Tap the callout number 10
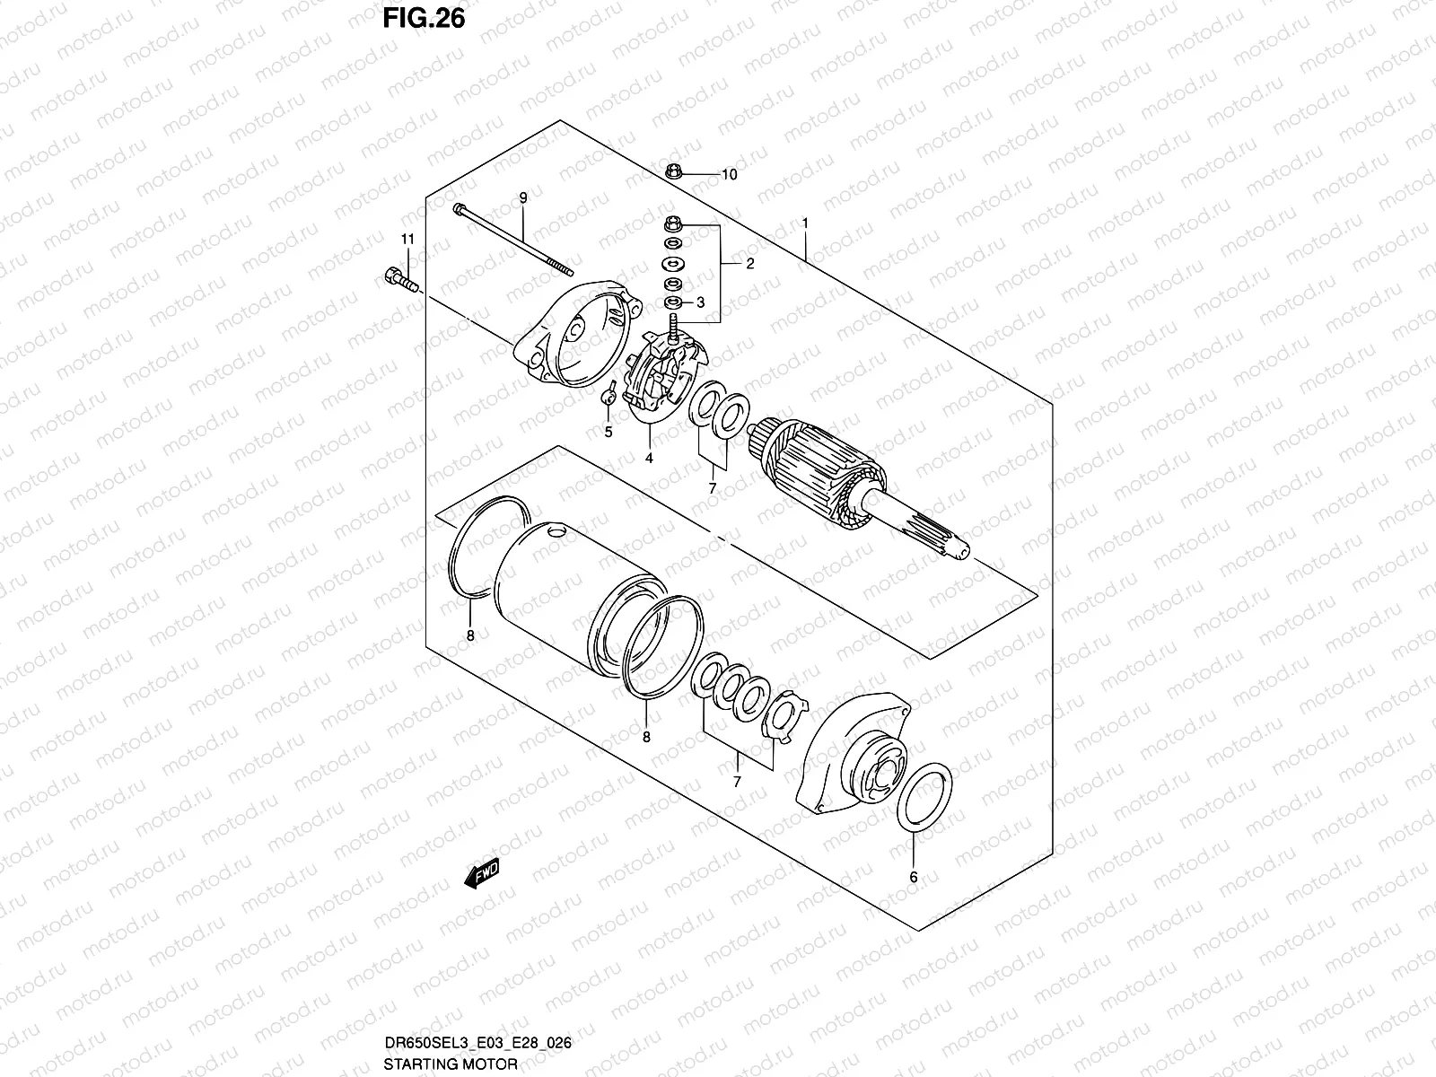tap(729, 175)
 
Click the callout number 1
tap(806, 223)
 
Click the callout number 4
tap(649, 458)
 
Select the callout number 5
tap(608, 433)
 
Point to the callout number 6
tap(914, 878)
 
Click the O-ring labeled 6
tap(925, 797)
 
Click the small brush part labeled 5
tap(608, 393)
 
